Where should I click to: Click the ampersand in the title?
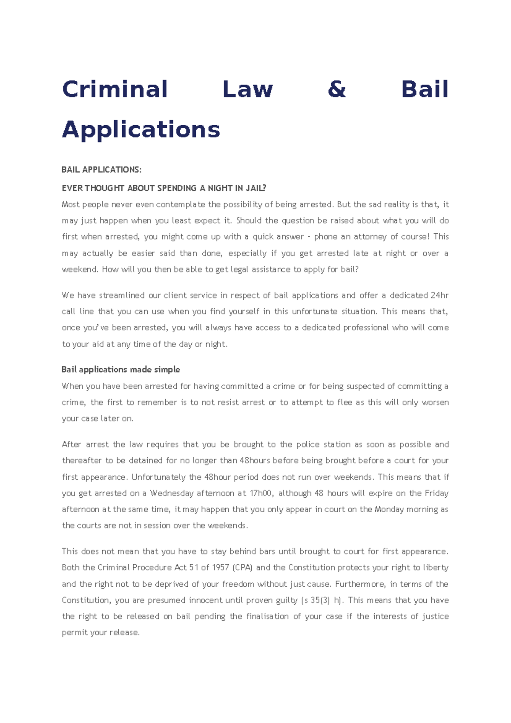(336, 90)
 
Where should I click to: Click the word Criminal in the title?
(115, 90)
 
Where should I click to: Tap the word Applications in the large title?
(141, 129)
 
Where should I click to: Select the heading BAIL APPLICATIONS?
(101, 170)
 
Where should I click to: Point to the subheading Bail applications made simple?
(121, 370)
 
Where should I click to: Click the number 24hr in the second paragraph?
(439, 296)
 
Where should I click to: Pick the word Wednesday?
(172, 493)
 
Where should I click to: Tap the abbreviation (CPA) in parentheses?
(243, 568)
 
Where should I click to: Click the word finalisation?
(267, 617)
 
